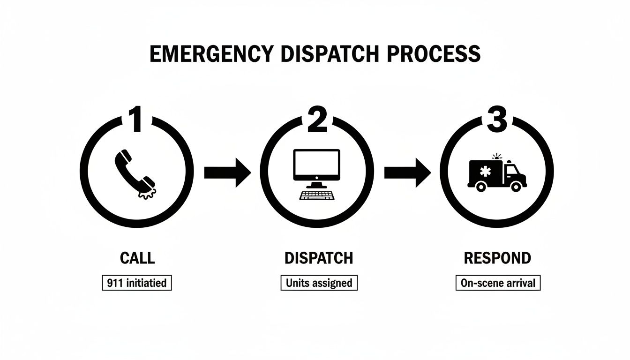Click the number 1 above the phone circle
pyautogui.click(x=136, y=120)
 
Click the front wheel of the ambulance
pyautogui.click(x=516, y=186)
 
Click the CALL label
pyautogui.click(x=137, y=258)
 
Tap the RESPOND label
pyautogui.click(x=497, y=258)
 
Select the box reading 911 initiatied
pyautogui.click(x=137, y=283)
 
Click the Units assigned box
pyautogui.click(x=319, y=283)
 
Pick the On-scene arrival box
pyautogui.click(x=498, y=283)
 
